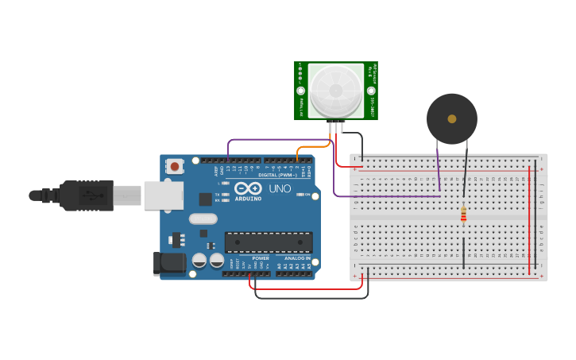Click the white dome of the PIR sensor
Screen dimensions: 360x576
pyautogui.click(x=336, y=91)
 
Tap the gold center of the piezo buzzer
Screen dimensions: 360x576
pyautogui.click(x=452, y=119)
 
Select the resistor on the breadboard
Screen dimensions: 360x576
pyautogui.click(x=464, y=214)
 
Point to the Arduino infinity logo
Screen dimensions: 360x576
pyautogui.click(x=248, y=189)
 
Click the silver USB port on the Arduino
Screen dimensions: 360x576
pyautogui.click(x=163, y=195)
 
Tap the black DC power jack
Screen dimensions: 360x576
pyautogui.click(x=168, y=263)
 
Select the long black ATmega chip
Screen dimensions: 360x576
pyautogui.click(x=268, y=242)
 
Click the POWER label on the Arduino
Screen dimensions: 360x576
pyautogui.click(x=261, y=258)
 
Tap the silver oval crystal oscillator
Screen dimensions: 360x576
pyautogui.click(x=203, y=219)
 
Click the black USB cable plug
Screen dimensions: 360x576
pyautogui.click(x=83, y=195)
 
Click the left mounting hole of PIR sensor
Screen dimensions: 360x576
pyautogui.click(x=301, y=91)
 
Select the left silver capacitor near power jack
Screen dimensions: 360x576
pyautogui.click(x=199, y=260)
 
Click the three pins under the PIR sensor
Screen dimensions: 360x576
pyautogui.click(x=337, y=126)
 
